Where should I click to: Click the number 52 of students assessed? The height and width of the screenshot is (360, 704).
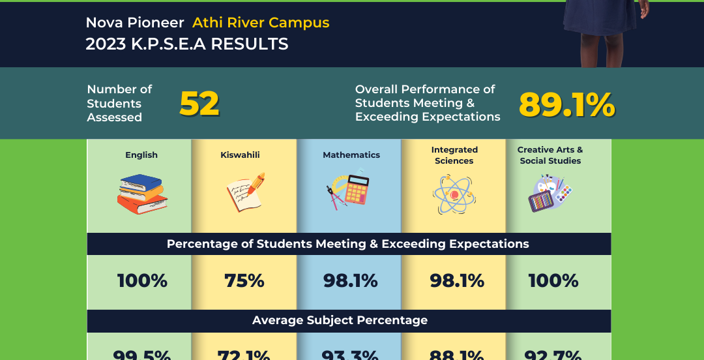click(199, 104)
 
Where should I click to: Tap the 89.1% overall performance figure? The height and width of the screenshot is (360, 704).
click(566, 104)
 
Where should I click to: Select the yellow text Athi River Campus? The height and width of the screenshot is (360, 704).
click(261, 23)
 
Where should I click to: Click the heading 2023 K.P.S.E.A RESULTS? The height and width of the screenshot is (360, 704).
click(187, 44)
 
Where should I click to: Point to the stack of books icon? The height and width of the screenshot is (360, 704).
click(142, 194)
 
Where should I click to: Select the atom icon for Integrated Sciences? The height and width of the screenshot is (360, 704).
click(454, 195)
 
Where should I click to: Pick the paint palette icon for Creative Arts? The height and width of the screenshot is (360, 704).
click(550, 194)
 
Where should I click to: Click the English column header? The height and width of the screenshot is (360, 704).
click(141, 155)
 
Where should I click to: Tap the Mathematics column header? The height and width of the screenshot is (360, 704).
click(351, 155)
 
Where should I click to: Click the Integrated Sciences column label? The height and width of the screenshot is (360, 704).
click(454, 155)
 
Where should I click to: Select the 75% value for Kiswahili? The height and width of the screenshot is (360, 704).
click(244, 281)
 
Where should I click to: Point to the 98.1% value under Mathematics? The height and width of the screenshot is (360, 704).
click(351, 281)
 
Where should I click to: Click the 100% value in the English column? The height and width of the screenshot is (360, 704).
click(142, 281)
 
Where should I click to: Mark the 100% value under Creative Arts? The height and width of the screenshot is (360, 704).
click(553, 281)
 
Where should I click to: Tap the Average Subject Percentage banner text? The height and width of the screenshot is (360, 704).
click(340, 320)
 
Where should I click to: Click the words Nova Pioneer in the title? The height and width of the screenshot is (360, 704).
click(135, 23)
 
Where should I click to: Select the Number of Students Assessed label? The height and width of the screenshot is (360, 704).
click(119, 104)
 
